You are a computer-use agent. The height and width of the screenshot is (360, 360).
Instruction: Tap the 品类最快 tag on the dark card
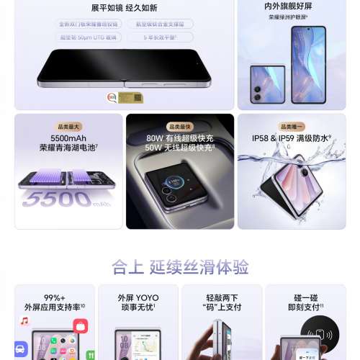[x=179, y=127]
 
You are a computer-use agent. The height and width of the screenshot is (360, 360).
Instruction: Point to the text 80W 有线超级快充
[x=179, y=138]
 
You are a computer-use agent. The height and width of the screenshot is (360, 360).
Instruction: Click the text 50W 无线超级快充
[x=179, y=148]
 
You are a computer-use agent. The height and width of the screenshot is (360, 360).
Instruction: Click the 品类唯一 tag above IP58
[x=292, y=127]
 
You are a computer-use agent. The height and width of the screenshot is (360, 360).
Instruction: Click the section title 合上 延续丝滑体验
[x=180, y=268]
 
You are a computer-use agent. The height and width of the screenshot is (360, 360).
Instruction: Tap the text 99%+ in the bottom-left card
[x=54, y=297]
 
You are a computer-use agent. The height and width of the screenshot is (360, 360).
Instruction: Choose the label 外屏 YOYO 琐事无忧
[x=138, y=302]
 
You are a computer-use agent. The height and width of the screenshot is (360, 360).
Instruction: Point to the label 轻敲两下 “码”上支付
[x=222, y=302]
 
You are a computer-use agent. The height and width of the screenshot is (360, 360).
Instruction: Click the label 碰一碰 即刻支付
[x=305, y=302]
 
